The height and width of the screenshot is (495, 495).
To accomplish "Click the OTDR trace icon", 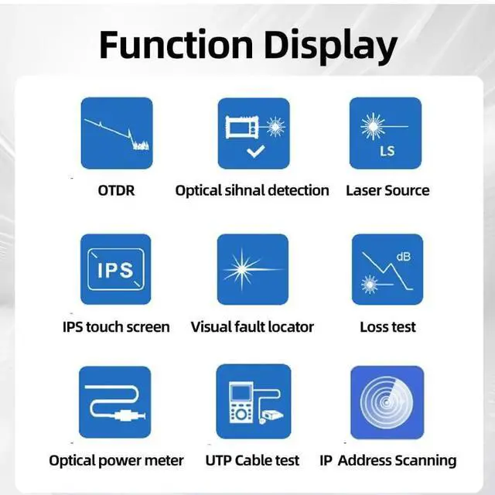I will [117, 133].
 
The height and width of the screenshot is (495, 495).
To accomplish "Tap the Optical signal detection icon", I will [253, 133].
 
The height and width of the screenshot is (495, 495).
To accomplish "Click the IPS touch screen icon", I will [117, 270].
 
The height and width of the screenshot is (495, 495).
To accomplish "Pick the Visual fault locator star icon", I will [252, 270].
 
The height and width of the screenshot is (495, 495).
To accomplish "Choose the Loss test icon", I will [387, 270].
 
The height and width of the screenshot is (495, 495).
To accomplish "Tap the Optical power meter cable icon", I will [115, 402].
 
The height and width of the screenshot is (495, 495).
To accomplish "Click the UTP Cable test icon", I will [253, 402].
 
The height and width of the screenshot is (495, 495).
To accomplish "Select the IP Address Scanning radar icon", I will [387, 402].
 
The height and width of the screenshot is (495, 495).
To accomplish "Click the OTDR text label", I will [116, 190].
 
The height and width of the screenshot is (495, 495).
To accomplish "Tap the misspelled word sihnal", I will [248, 190].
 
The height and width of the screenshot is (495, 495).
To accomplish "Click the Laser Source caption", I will [387, 190].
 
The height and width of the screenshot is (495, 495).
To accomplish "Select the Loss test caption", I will [387, 327].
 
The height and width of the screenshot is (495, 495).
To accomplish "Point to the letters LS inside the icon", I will [387, 151].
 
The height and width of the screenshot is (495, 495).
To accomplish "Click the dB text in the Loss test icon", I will [404, 257].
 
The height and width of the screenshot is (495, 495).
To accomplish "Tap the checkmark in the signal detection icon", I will [254, 150].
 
